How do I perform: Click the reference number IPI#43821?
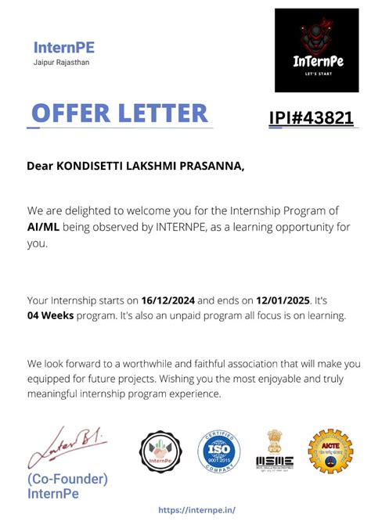[311, 118]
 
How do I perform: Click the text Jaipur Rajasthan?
[62, 62]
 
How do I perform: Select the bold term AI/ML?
[41, 227]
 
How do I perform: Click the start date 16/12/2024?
[168, 300]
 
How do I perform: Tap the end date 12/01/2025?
[283, 300]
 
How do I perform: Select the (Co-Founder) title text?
[67, 479]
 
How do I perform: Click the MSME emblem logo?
[275, 451]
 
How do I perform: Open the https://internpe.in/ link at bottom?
[196, 509]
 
